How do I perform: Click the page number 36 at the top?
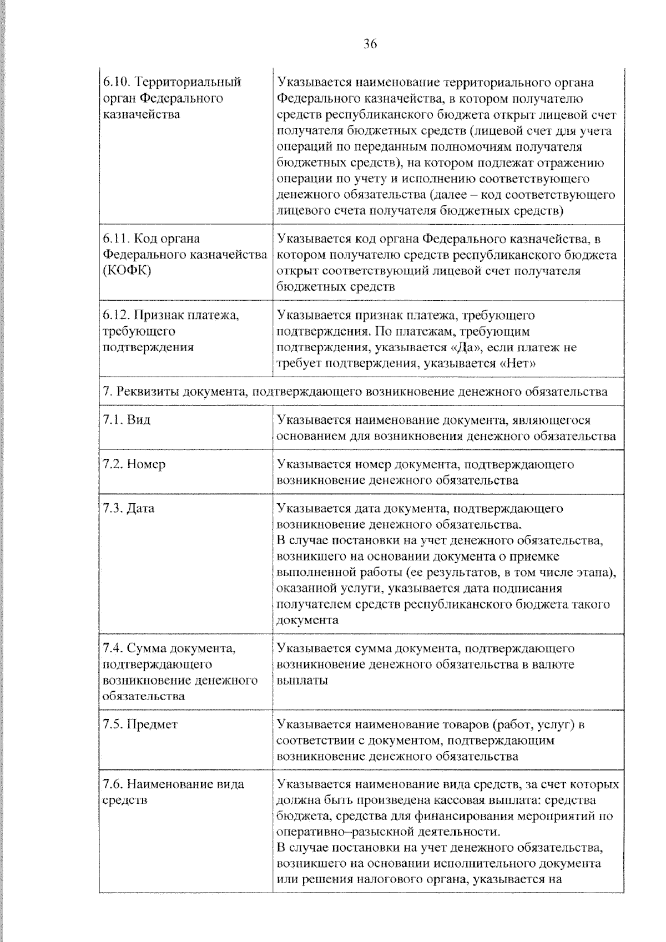(370, 44)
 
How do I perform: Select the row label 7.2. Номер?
(134, 464)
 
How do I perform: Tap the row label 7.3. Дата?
(129, 508)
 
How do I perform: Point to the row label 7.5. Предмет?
(140, 724)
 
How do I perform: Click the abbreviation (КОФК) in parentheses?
(127, 271)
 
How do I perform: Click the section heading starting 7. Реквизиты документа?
(355, 392)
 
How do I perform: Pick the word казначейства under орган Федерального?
(142, 115)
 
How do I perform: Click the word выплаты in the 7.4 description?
(302, 680)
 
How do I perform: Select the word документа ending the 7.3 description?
(307, 620)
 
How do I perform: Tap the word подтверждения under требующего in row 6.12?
(148, 347)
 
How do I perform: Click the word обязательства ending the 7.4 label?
(144, 696)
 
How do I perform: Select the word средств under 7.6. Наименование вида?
(125, 801)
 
